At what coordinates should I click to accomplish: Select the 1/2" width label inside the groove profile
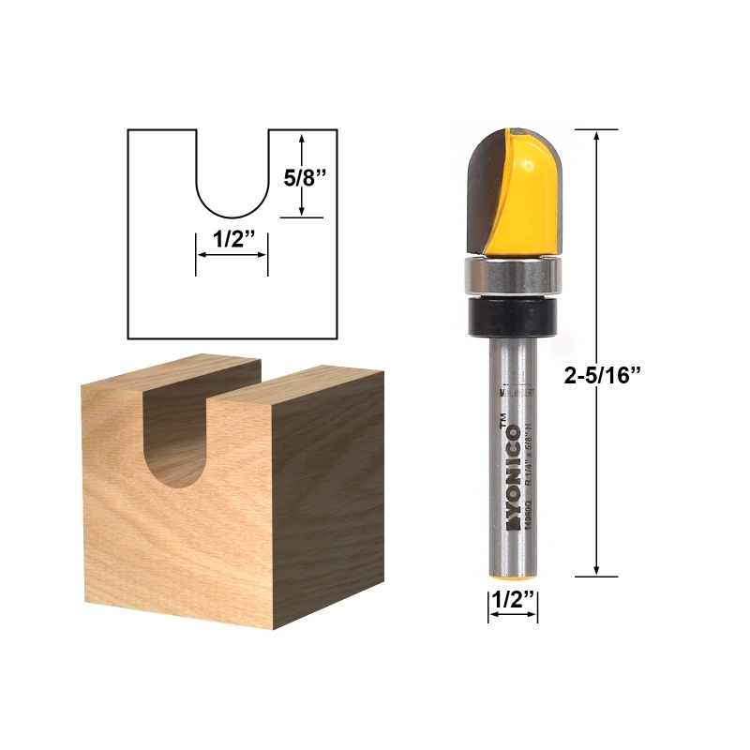pyautogui.click(x=231, y=240)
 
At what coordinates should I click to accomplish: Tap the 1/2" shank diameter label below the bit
pyautogui.click(x=513, y=597)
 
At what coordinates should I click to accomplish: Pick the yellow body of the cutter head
pyautogui.click(x=530, y=192)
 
